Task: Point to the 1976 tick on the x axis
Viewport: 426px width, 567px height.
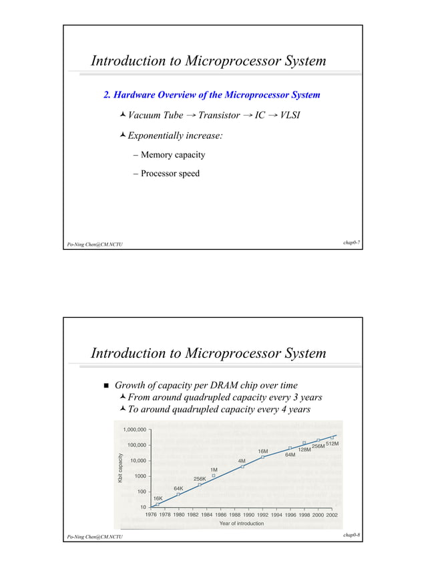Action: [x=152, y=515]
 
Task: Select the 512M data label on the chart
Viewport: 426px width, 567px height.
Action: [x=333, y=443]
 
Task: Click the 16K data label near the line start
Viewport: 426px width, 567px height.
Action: [x=158, y=498]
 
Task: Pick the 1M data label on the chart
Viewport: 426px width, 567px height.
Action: [x=214, y=469]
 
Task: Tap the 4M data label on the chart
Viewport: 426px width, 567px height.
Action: [x=242, y=460]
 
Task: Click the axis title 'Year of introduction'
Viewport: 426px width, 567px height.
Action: [x=241, y=524]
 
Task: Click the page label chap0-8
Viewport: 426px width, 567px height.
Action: [x=353, y=536]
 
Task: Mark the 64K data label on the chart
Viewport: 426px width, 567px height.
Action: [x=179, y=488]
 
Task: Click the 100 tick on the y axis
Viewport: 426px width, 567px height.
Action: [x=141, y=492]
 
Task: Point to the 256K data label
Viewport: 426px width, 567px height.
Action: [x=200, y=479]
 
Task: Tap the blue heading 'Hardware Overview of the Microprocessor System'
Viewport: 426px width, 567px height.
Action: [x=212, y=95]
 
